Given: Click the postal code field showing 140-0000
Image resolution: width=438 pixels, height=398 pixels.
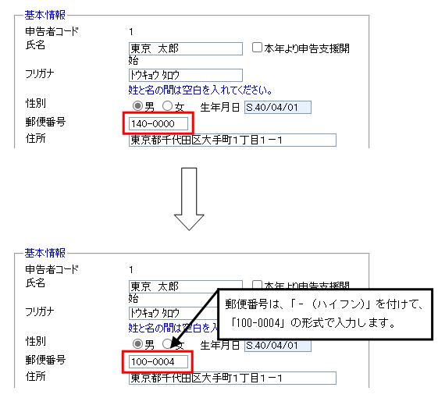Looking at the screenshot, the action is pyautogui.click(x=158, y=124).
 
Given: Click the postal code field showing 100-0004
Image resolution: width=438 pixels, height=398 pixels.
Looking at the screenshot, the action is pyautogui.click(x=158, y=362).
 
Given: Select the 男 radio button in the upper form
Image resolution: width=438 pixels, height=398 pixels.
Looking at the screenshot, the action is pyautogui.click(x=137, y=106).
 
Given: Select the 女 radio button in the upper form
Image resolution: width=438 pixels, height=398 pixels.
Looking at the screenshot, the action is pyautogui.click(x=167, y=106).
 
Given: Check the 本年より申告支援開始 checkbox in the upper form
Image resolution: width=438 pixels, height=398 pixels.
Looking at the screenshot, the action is pyautogui.click(x=257, y=48).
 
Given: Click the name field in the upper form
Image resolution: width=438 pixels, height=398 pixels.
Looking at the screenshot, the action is pyautogui.click(x=186, y=49).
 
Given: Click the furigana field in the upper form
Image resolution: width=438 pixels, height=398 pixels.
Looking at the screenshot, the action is pyautogui.click(x=186, y=76).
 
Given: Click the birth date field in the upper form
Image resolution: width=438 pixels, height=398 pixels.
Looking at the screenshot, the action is pyautogui.click(x=278, y=107).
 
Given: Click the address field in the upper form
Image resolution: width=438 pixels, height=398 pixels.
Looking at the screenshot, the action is pyautogui.click(x=233, y=140).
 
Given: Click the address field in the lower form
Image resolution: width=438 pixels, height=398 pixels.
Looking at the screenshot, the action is pyautogui.click(x=233, y=378).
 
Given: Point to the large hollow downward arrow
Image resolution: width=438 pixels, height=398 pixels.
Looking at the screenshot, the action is pyautogui.click(x=189, y=199).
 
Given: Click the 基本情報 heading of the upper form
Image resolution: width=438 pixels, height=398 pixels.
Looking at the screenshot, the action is pyautogui.click(x=45, y=15).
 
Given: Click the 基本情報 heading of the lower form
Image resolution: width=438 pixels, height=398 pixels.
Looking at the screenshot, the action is pyautogui.click(x=45, y=253).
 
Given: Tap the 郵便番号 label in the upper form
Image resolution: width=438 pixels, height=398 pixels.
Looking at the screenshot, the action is pyautogui.click(x=45, y=122).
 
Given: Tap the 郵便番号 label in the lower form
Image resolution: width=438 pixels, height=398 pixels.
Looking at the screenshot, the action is pyautogui.click(x=45, y=360).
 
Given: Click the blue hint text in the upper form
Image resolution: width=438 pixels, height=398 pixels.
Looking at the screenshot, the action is pyautogui.click(x=201, y=91).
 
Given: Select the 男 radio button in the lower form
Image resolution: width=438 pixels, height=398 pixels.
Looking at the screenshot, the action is pyautogui.click(x=137, y=344).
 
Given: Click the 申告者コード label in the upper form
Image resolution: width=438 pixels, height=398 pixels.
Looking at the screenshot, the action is pyautogui.click(x=52, y=31).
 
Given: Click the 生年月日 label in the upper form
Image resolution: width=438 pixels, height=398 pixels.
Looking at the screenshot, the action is pyautogui.click(x=220, y=107).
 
